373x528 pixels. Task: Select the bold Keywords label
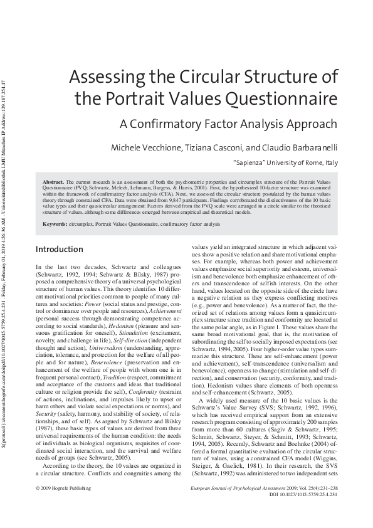55,224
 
